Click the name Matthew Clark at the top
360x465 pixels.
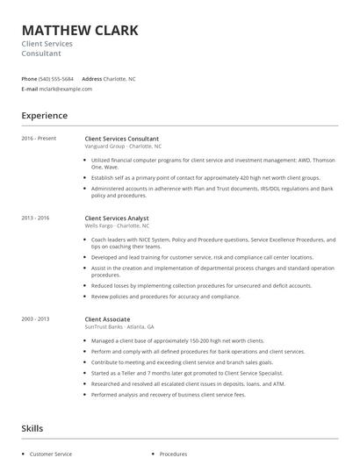[x=80, y=31]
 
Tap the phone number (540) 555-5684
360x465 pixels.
[x=57, y=78]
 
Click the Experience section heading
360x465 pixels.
[x=45, y=116]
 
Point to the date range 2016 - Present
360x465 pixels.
[x=39, y=139]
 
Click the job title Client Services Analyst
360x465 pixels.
[x=117, y=218]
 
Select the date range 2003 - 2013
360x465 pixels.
[x=36, y=319]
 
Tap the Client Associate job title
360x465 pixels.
[x=107, y=319]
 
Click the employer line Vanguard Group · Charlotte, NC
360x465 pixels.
[x=123, y=147]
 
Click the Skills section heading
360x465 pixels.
[x=33, y=428]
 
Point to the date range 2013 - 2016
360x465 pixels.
[x=36, y=218]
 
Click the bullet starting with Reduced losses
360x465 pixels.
[x=201, y=285]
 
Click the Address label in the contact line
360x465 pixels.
[x=92, y=78]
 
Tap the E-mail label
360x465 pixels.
[x=30, y=89]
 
